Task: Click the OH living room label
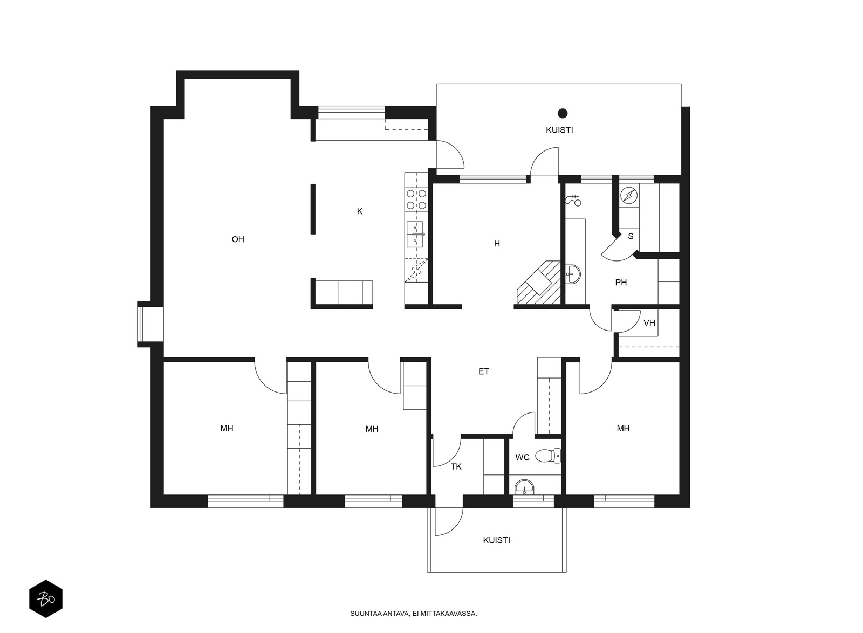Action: pyautogui.click(x=238, y=239)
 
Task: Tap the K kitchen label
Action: pyautogui.click(x=359, y=211)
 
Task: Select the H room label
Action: pyautogui.click(x=497, y=244)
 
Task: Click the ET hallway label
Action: pyautogui.click(x=483, y=371)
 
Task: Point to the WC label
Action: pyautogui.click(x=523, y=457)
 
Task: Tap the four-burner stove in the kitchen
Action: pyautogui.click(x=416, y=199)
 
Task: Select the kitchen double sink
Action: pyautogui.click(x=415, y=234)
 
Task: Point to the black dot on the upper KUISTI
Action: pyautogui.click(x=563, y=113)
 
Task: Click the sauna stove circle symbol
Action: pyautogui.click(x=629, y=195)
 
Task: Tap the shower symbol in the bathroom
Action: pyautogui.click(x=573, y=200)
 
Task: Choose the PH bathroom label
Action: pyautogui.click(x=621, y=283)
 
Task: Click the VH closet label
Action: pyautogui.click(x=649, y=323)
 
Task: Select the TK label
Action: pyautogui.click(x=456, y=467)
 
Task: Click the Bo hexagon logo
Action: pyautogui.click(x=46, y=598)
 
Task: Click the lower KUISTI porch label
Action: pyautogui.click(x=496, y=541)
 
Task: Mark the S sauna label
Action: pyautogui.click(x=631, y=236)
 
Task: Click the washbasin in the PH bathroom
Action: pyautogui.click(x=573, y=274)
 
